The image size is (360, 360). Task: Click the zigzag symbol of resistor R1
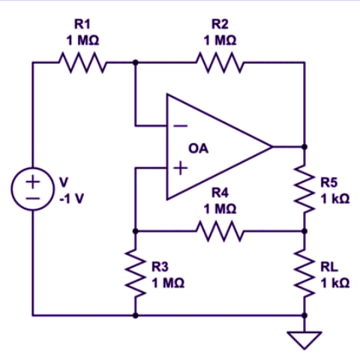(82, 62)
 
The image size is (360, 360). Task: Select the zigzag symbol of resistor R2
(220, 62)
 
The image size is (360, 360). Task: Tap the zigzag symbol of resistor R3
(135, 273)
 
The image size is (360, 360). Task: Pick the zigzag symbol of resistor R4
(220, 231)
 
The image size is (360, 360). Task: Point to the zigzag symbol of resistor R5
(304, 189)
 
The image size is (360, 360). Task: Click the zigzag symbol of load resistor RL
(304, 273)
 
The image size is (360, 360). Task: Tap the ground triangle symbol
(304, 340)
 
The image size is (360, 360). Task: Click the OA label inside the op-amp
(198, 148)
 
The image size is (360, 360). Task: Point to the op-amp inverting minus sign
(181, 126)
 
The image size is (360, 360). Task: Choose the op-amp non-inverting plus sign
(181, 168)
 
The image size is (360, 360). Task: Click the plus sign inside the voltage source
(32, 181)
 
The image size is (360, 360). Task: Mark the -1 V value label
(71, 199)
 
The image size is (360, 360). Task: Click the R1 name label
(82, 24)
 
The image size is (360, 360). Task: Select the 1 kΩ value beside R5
(335, 199)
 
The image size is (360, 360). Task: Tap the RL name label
(329, 267)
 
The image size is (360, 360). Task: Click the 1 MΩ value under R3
(168, 283)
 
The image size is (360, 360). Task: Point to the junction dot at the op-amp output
(304, 147)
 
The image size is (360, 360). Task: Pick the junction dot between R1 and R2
(135, 62)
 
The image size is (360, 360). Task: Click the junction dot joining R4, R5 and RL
(304, 231)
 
